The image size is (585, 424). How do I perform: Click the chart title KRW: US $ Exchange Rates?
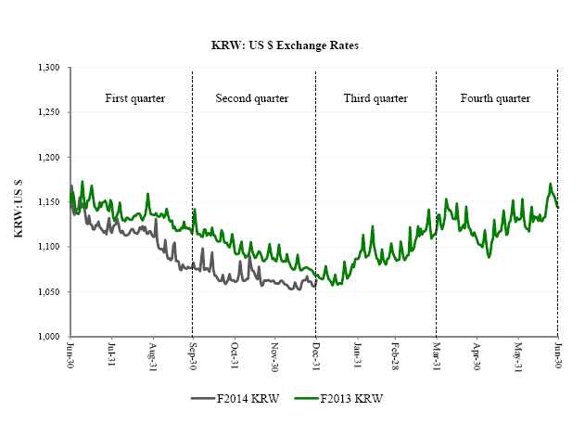click(293, 45)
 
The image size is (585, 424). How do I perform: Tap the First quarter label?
click(135, 97)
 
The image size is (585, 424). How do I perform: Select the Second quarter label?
click(251, 97)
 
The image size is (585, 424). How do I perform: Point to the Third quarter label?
click(375, 97)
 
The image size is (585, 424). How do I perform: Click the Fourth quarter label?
click(495, 97)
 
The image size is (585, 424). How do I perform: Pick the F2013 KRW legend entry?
click(350, 399)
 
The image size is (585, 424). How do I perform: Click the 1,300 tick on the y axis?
click(48, 68)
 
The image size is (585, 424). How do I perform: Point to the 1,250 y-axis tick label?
click(48, 112)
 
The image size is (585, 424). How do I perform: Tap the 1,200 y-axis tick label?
click(48, 157)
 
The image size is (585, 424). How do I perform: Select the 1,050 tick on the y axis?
click(48, 291)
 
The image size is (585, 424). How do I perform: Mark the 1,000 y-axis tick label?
click(48, 336)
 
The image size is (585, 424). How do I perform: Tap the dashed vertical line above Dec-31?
click(315, 186)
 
